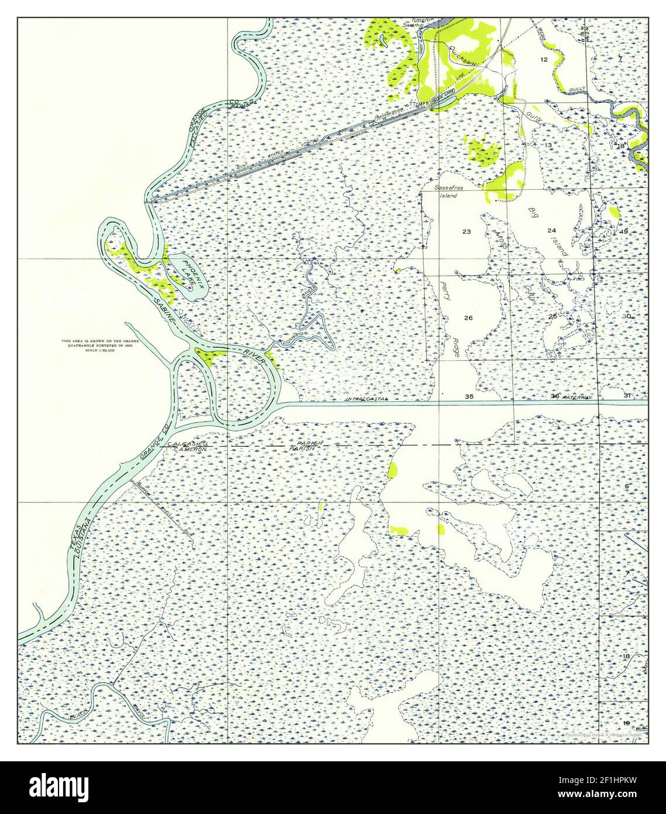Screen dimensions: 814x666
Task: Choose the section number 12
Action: (544, 60)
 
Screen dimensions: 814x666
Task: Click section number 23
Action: (466, 232)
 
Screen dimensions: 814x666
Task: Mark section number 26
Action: (468, 318)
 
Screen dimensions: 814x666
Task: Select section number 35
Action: (469, 396)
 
